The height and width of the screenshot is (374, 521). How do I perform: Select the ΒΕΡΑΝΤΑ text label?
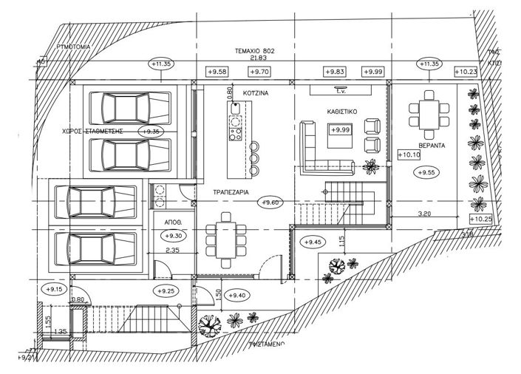pyautogui.click(x=429, y=146)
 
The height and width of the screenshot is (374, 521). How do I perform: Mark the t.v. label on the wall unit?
pyautogui.click(x=341, y=92)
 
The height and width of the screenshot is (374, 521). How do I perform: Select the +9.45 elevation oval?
pyautogui.click(x=313, y=241)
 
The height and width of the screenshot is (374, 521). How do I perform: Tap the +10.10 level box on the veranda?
pyautogui.click(x=408, y=155)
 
